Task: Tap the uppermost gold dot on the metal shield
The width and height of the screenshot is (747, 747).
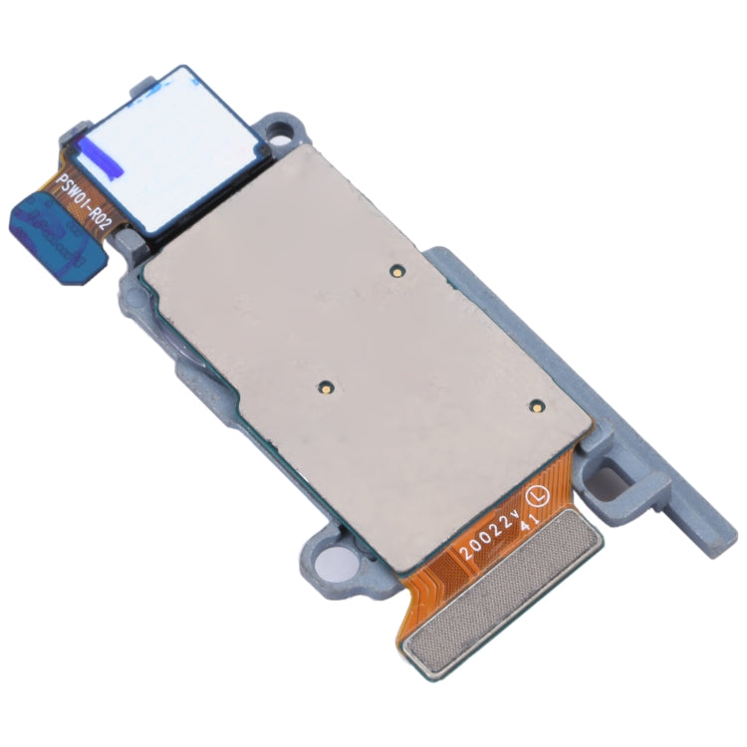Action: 395,269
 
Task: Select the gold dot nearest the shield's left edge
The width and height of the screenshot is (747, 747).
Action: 325,387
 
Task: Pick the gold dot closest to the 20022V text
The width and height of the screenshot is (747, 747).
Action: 535,405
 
